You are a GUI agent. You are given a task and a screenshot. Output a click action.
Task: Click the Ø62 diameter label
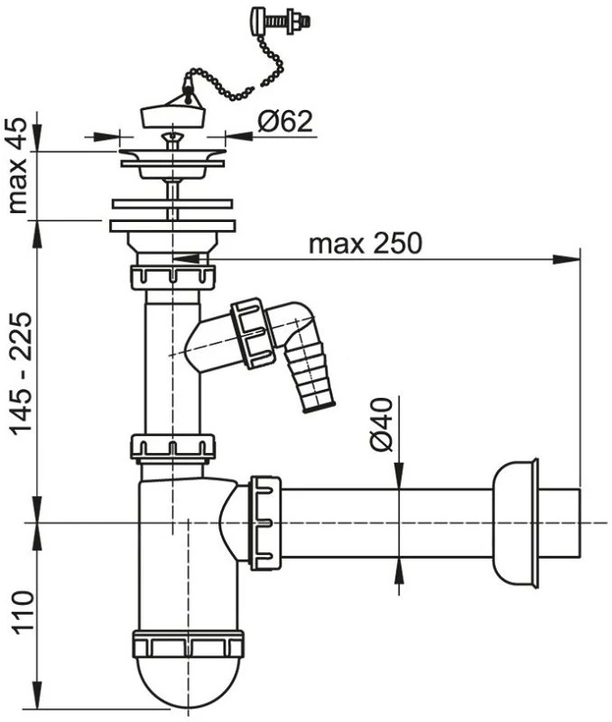(x=285, y=122)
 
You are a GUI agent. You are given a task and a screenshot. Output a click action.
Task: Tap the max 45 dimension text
(x=19, y=165)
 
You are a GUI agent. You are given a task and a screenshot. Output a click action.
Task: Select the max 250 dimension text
(x=366, y=243)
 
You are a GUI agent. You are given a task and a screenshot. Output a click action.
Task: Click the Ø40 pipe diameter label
(x=381, y=424)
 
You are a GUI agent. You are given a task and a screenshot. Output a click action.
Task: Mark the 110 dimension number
(x=23, y=613)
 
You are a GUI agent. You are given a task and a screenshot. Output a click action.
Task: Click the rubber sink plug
(x=172, y=116)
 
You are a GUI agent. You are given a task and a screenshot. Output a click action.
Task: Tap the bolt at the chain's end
(x=281, y=21)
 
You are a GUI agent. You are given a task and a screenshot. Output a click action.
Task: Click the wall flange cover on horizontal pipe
(x=515, y=523)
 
